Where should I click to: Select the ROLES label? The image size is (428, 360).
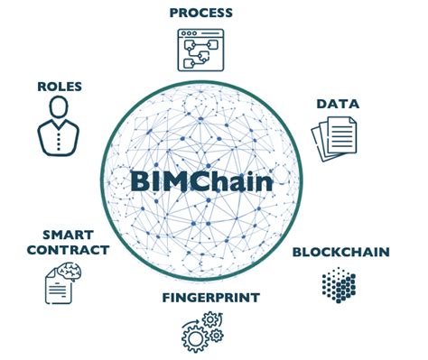(x=60, y=87)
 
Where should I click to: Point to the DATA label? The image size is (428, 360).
(x=338, y=104)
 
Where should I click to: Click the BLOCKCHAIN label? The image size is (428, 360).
(x=340, y=254)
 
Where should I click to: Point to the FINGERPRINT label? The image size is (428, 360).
(x=211, y=297)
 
